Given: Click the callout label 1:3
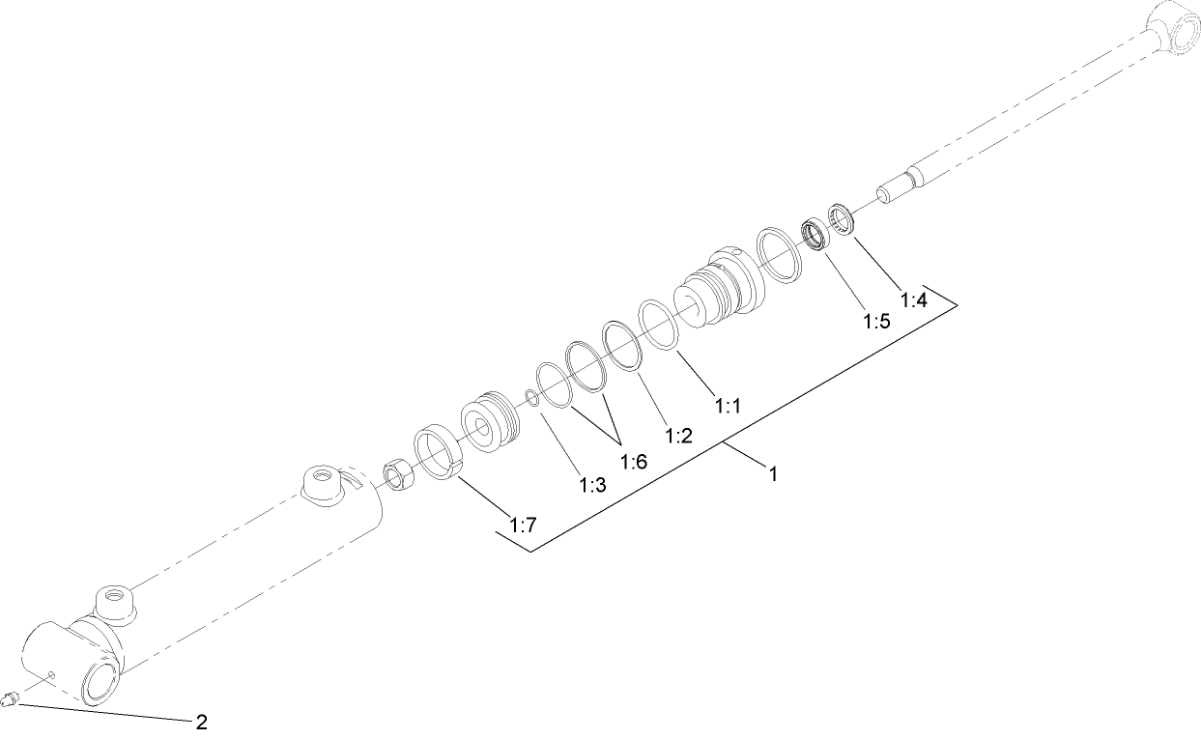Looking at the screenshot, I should coord(591,485).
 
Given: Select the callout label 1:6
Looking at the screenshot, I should coord(634,460).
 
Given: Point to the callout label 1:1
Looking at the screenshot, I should coord(728,407).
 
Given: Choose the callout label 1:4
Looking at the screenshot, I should coord(913,300).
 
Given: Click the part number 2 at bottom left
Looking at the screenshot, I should coord(201,721).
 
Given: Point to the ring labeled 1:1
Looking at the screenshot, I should coord(658,323).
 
